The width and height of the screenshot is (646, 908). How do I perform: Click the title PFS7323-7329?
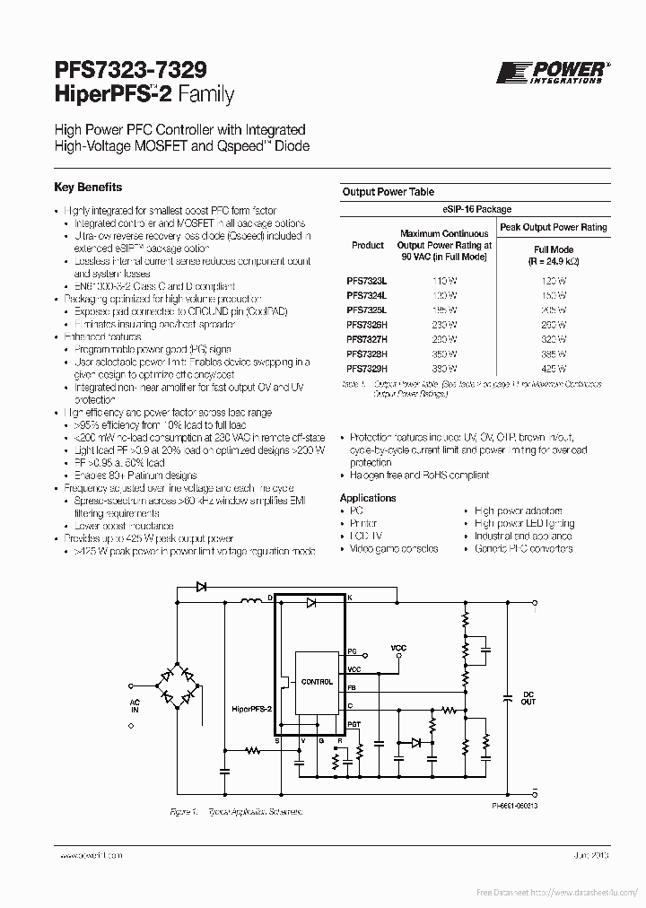click(130, 71)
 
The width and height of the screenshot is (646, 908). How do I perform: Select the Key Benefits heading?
click(88, 188)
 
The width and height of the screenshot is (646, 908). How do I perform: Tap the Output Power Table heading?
click(388, 192)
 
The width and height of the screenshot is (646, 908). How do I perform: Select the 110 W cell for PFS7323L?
click(444, 280)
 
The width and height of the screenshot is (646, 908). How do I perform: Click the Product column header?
click(367, 245)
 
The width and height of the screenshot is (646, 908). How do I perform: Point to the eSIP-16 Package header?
click(476, 209)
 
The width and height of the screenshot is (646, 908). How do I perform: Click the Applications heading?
click(368, 498)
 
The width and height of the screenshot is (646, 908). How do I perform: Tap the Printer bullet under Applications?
click(363, 523)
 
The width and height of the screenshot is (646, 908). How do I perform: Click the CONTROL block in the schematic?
click(316, 682)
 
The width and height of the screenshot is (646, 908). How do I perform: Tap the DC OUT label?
click(528, 698)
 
